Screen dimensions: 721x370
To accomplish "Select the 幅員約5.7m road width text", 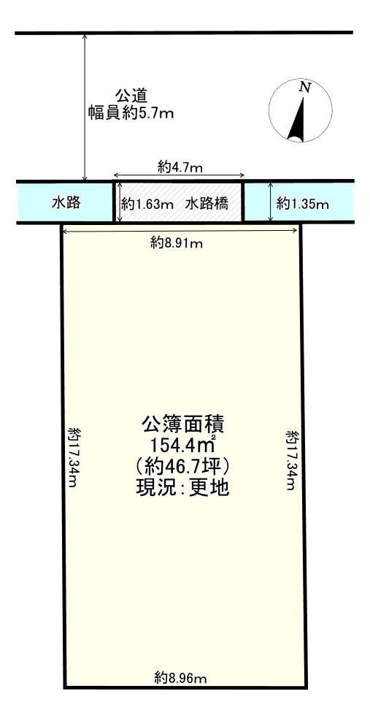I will pos(131,113).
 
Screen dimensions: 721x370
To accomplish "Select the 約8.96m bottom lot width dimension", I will pos(180,678).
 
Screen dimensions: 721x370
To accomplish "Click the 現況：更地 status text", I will pos(183,487).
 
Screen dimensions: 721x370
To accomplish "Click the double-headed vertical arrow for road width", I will pos(86,106).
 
